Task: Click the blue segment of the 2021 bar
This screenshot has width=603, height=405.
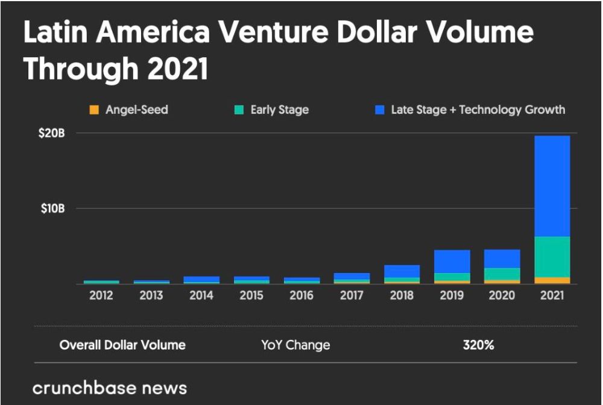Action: click(x=552, y=186)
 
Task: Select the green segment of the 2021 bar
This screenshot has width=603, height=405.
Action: click(x=552, y=257)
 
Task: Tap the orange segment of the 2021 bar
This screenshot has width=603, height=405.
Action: click(x=552, y=280)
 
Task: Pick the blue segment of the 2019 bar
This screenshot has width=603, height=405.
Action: click(x=452, y=262)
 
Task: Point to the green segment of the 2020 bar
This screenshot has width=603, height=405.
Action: click(x=502, y=274)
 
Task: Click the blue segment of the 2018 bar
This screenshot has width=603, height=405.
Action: click(x=402, y=271)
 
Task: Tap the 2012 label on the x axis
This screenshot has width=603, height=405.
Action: click(x=101, y=296)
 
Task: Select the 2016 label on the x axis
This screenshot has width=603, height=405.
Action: click(x=301, y=296)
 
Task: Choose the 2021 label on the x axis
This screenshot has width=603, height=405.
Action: click(x=552, y=296)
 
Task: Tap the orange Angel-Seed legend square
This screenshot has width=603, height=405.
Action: click(x=94, y=110)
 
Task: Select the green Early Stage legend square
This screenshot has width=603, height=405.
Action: click(x=239, y=110)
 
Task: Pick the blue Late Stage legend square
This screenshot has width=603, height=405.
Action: click(x=379, y=110)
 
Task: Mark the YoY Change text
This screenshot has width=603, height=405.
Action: click(x=295, y=345)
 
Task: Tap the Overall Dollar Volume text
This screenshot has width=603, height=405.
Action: click(x=122, y=345)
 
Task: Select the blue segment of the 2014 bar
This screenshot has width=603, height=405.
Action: click(x=201, y=279)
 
